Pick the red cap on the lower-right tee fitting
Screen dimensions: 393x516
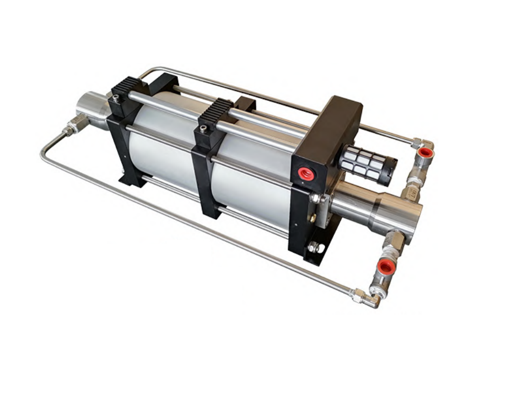385,268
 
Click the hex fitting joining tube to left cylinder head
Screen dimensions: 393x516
73,126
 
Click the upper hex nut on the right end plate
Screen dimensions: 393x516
315,198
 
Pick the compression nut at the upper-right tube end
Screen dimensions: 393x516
416,141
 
